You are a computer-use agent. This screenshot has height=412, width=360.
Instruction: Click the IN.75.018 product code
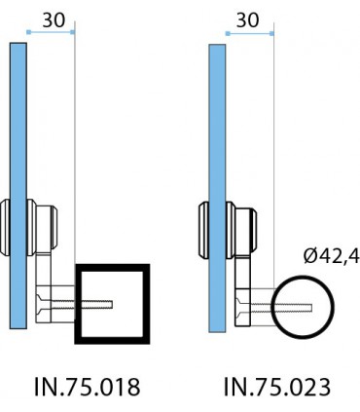click(88, 387)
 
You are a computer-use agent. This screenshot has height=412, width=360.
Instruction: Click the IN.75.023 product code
click(277, 387)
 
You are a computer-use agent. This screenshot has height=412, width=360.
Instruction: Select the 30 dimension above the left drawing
click(54, 20)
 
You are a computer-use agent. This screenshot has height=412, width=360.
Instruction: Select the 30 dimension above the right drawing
click(247, 20)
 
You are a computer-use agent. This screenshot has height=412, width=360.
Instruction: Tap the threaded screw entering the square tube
click(82, 304)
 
